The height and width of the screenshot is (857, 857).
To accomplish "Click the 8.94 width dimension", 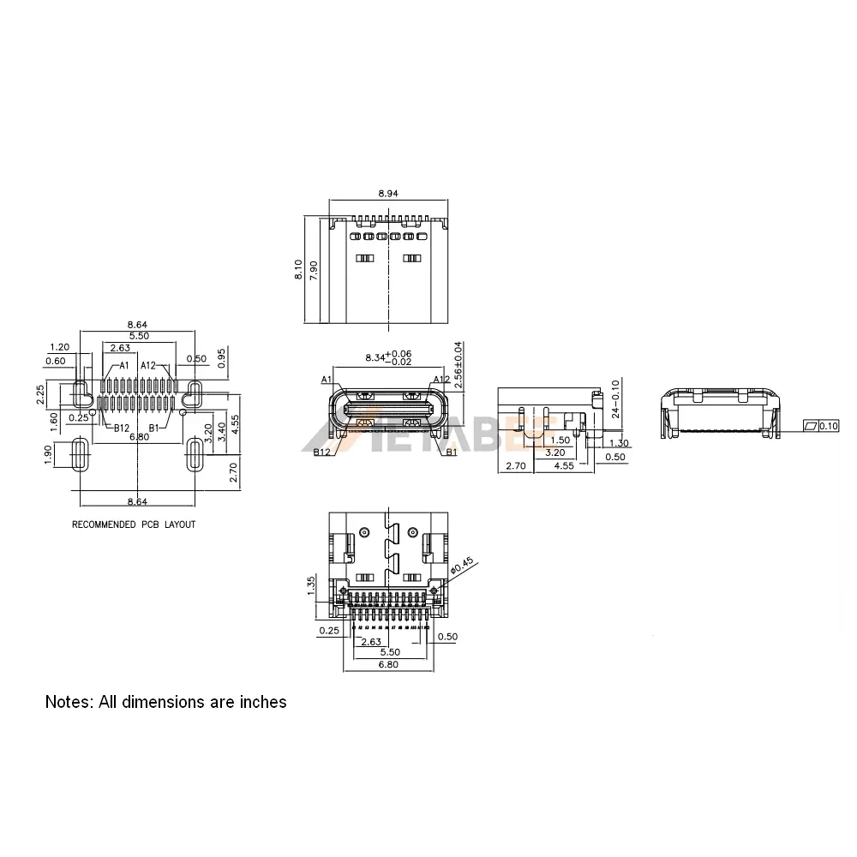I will point(387,194).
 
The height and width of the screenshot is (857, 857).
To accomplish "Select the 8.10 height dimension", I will point(297,271).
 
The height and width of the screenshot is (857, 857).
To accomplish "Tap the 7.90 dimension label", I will point(315,271).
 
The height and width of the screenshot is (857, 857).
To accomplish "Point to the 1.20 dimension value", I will point(59,347).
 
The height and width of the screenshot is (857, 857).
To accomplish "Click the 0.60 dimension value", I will point(55,361).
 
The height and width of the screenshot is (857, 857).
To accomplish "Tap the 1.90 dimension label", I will point(50,454).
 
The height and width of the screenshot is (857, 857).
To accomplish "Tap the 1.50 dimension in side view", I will point(560,440).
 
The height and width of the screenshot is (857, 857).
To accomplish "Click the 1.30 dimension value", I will point(620,443).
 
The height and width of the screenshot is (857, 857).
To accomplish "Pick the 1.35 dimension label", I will point(312,587).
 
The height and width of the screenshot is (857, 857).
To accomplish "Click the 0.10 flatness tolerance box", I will point(829,426).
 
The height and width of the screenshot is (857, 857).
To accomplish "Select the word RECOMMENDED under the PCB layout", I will point(102,524).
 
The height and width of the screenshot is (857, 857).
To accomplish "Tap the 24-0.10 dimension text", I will point(615,399).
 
